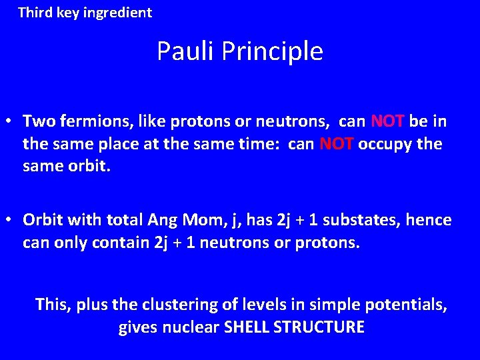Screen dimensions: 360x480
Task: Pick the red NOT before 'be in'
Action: [x=387, y=121]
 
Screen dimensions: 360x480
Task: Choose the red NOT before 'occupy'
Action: [x=337, y=144]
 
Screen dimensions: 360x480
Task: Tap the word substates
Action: [x=359, y=219]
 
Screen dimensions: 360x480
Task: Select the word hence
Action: [x=429, y=219]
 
